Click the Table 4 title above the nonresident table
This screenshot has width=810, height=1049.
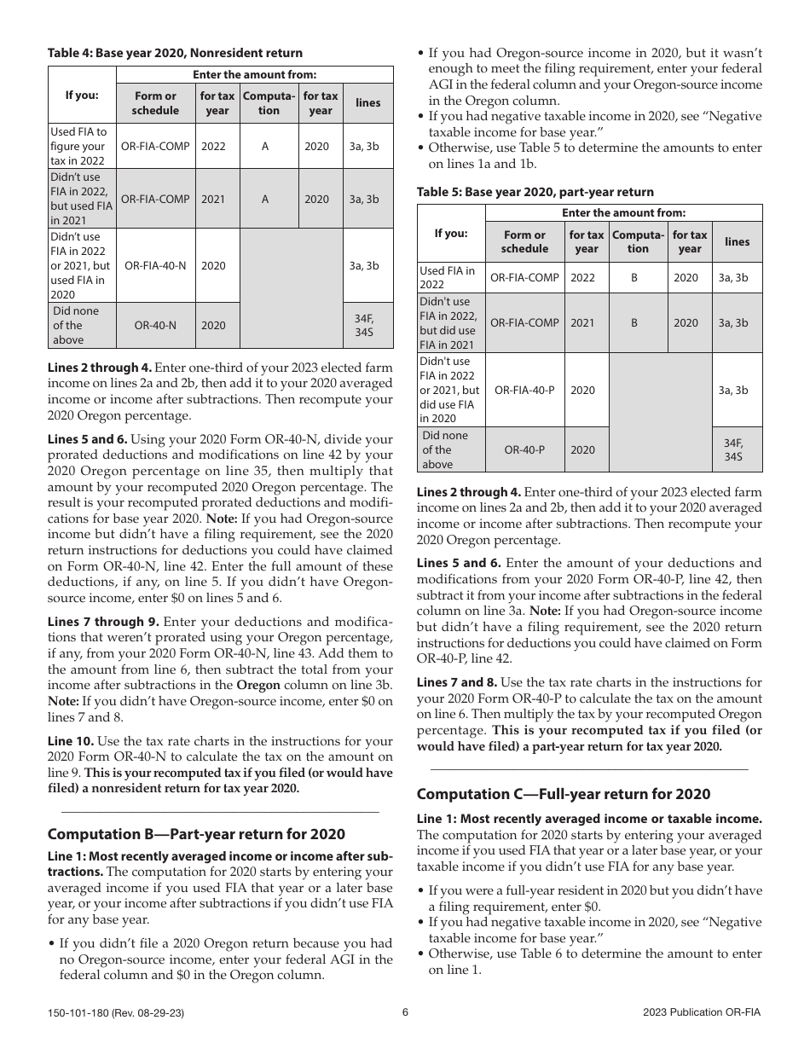[x=175, y=53]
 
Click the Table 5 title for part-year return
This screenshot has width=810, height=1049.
[x=535, y=192]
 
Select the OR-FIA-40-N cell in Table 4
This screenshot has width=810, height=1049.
[x=155, y=265]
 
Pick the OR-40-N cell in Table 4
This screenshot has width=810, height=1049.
[x=155, y=325]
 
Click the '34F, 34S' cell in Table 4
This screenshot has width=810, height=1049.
[x=367, y=325]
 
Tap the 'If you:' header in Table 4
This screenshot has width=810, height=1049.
[x=82, y=95]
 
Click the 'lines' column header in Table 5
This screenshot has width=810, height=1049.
[x=737, y=241]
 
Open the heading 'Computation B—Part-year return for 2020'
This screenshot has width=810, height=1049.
[x=196, y=834]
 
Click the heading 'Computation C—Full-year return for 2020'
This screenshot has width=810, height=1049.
[x=563, y=794]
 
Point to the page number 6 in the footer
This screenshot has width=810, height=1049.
[x=406, y=1012]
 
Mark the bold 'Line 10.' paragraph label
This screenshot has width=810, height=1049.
[x=71, y=741]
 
